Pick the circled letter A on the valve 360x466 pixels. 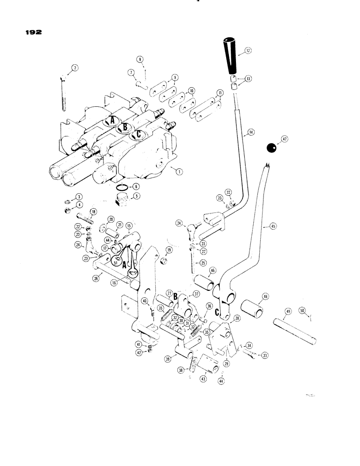110,121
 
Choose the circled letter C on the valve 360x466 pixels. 137,134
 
